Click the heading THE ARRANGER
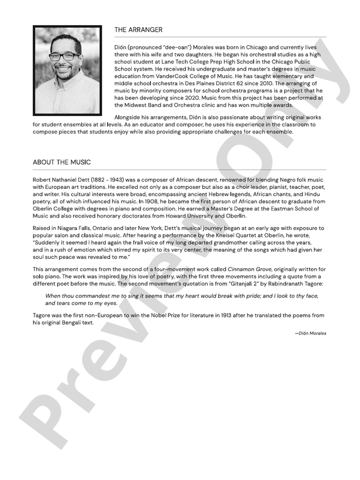(x=138, y=29)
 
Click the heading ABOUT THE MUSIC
(x=62, y=162)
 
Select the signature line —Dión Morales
(x=311, y=333)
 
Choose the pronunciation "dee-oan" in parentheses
(x=176, y=46)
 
